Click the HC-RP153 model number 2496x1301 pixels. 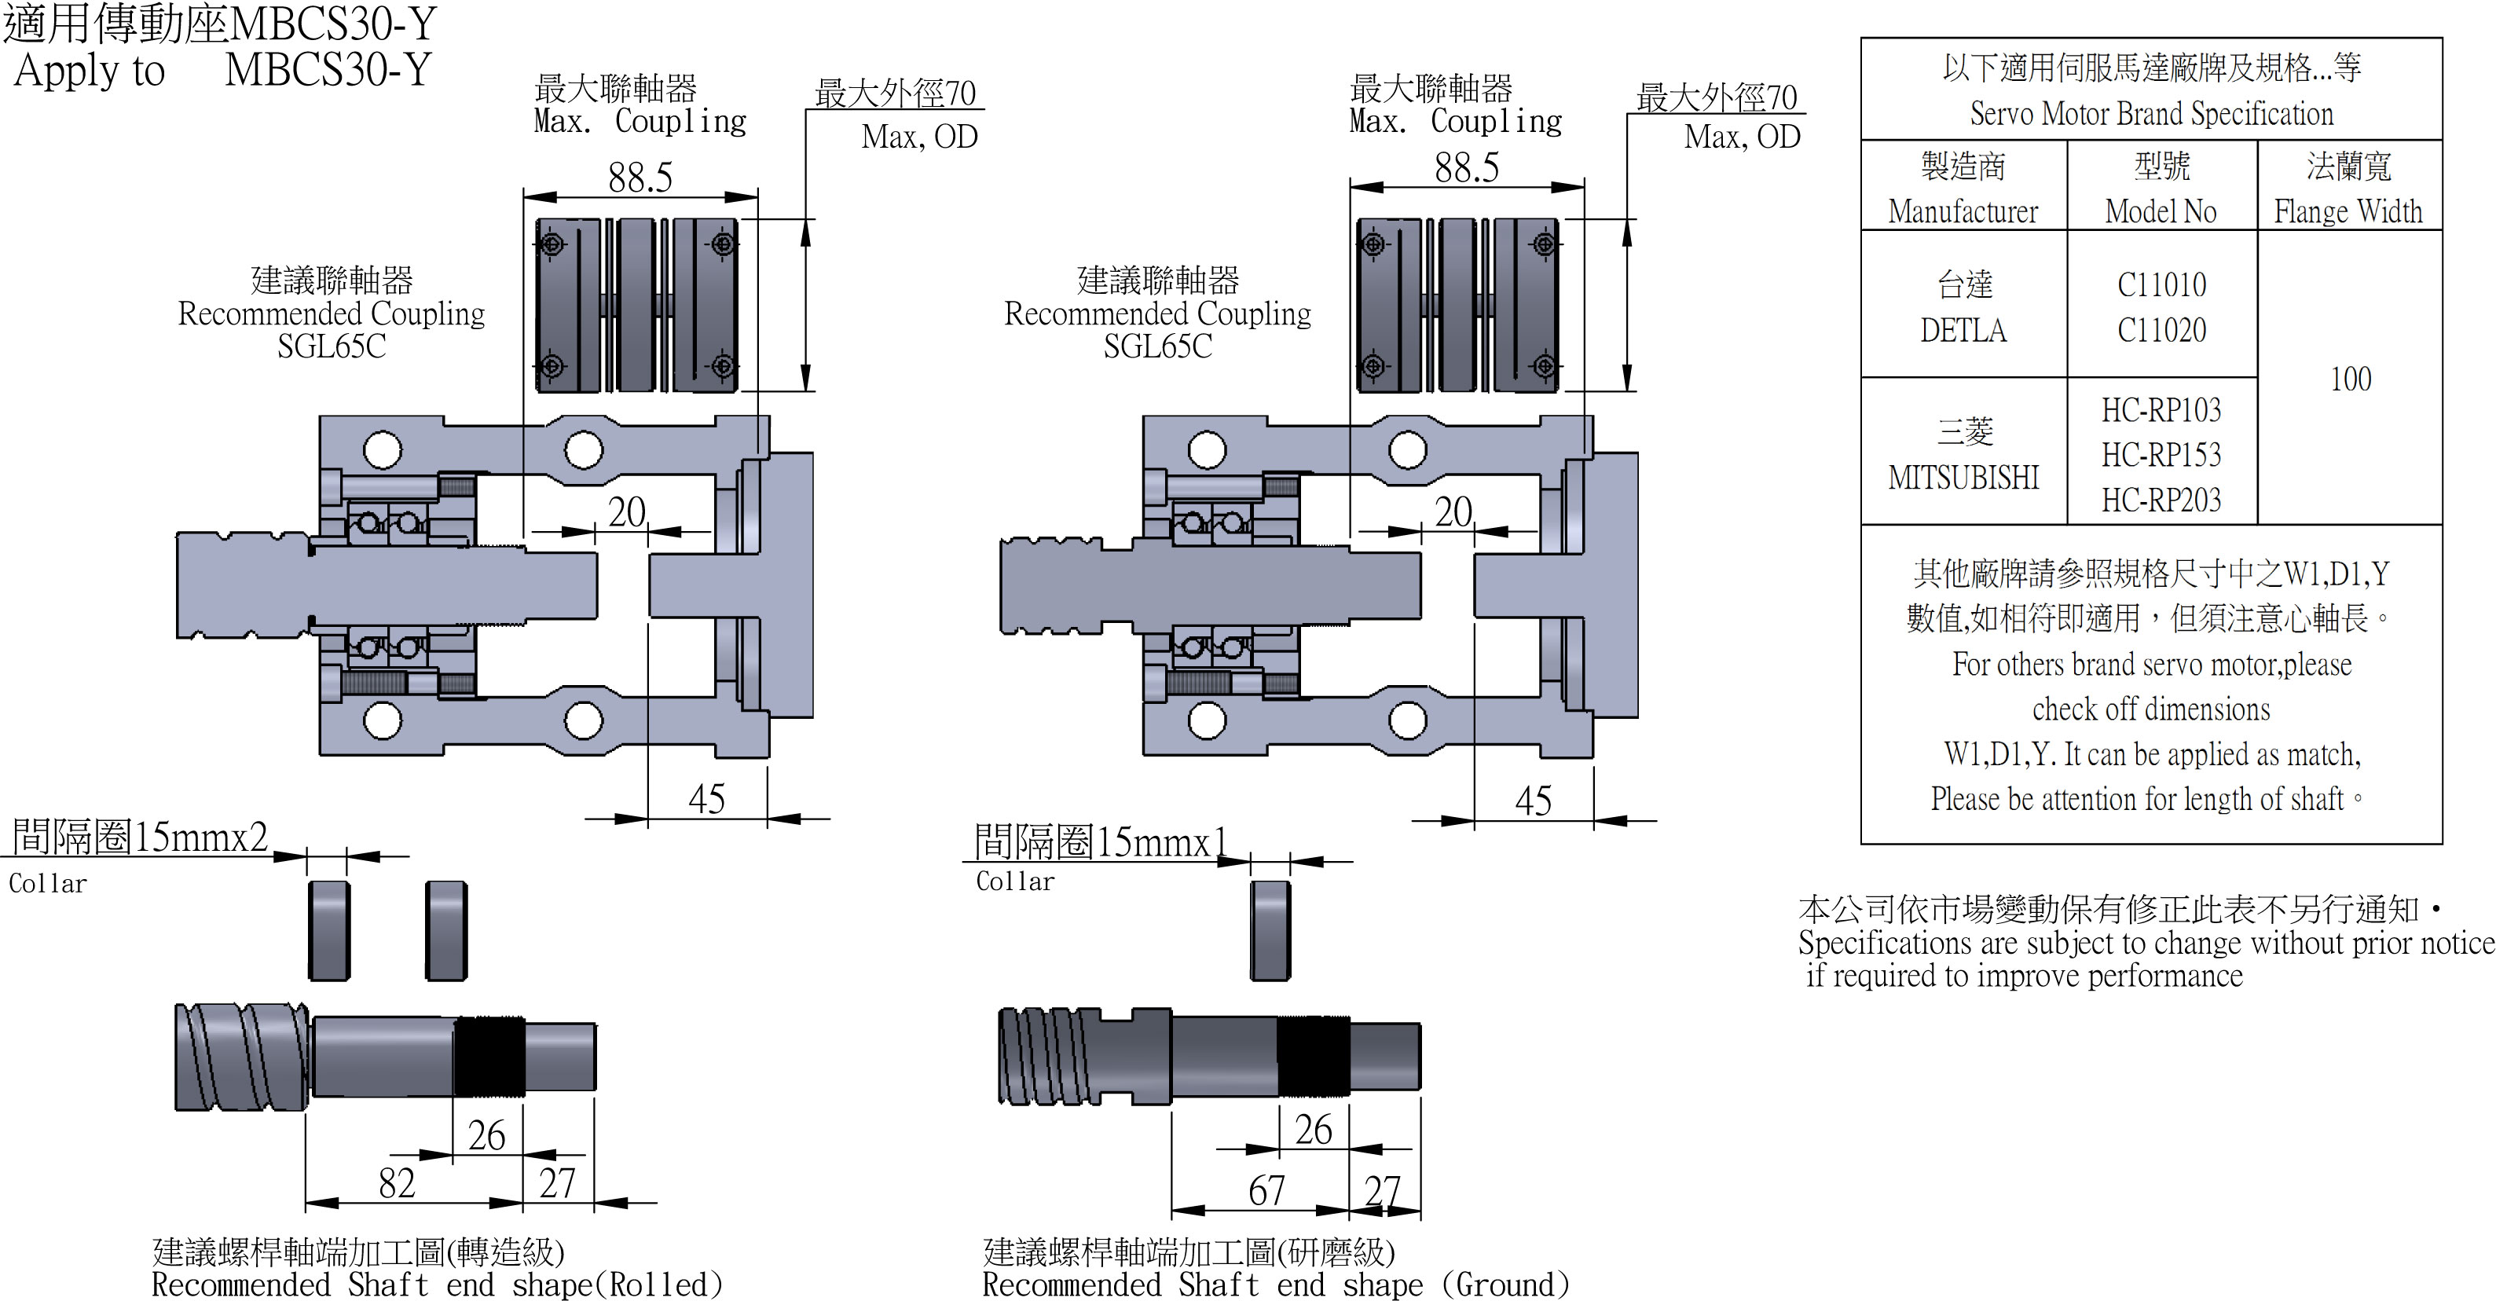pyautogui.click(x=2161, y=454)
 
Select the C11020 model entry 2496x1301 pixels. pyautogui.click(x=2161, y=330)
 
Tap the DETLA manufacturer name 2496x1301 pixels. pyautogui.click(x=1963, y=330)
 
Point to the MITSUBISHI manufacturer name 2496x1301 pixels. pyautogui.click(x=1963, y=477)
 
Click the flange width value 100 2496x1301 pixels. pyautogui.click(x=2351, y=379)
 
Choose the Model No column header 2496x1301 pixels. pyautogui.click(x=2161, y=211)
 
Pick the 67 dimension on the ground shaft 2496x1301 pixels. pyautogui.click(x=1266, y=1189)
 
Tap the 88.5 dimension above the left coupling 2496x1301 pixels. pyautogui.click(x=640, y=178)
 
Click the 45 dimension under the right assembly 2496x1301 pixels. pyautogui.click(x=1533, y=801)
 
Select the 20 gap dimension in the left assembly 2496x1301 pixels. pyautogui.click(x=627, y=511)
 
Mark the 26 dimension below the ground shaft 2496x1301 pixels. pyautogui.click(x=1313, y=1130)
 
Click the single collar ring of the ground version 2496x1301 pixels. pyautogui.click(x=1270, y=930)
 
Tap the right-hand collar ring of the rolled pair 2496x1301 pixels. pyautogui.click(x=447, y=930)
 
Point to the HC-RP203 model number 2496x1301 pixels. pyautogui.click(x=2161, y=500)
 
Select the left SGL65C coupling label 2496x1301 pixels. pyautogui.click(x=332, y=346)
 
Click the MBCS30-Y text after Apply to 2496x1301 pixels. pyautogui.click(x=328, y=70)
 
